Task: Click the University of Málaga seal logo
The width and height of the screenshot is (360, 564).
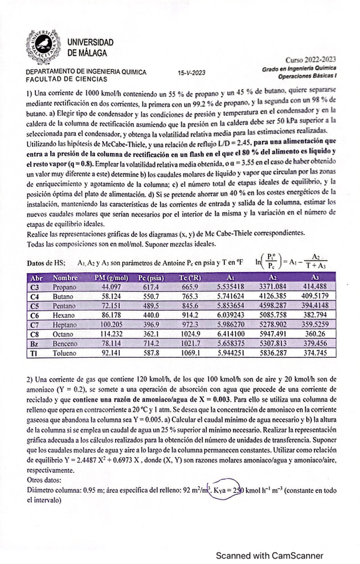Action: pos(44,46)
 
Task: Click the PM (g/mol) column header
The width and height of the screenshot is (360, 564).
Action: pos(110,277)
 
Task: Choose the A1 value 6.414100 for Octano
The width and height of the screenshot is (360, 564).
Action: pos(231,334)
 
